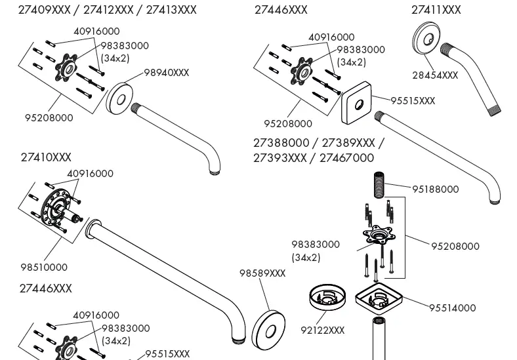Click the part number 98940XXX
coord(166,73)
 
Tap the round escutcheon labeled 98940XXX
coord(121,98)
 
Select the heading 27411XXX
coord(436,10)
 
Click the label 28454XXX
coord(435,75)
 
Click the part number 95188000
coord(435,190)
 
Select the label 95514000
coord(453,308)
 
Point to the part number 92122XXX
coord(322,330)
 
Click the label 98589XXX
coord(262,273)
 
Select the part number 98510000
coord(44,268)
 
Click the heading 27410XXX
coord(46,158)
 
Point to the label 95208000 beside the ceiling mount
coord(455,247)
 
